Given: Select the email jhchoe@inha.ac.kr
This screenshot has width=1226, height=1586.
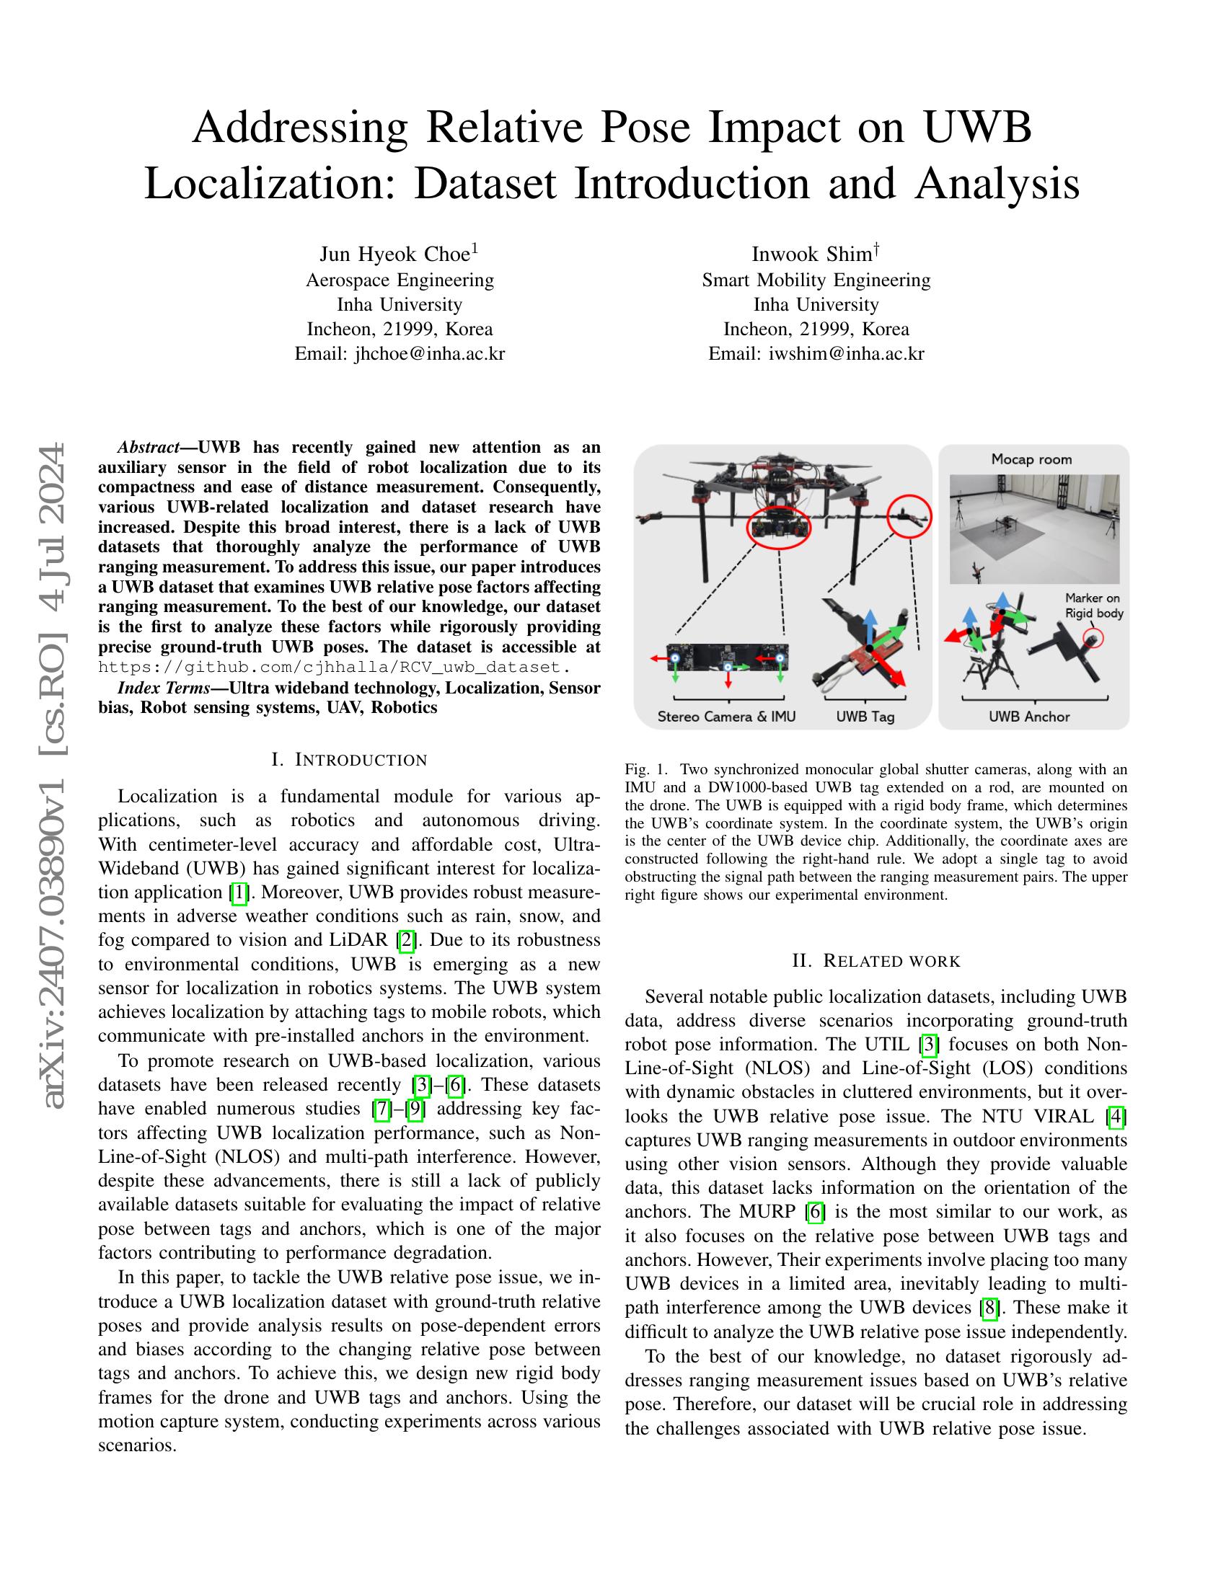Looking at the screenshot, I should coord(400,354).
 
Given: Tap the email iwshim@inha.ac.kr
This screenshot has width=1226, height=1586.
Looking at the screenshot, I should coord(816,354).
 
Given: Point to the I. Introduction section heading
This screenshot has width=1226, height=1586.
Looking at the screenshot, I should coord(348,760).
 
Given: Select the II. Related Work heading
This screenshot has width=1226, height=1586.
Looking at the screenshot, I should coord(876,961).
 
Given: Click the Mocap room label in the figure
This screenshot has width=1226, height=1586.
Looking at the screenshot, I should coord(1031,460).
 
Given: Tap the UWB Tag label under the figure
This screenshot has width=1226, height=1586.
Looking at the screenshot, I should coord(864,717).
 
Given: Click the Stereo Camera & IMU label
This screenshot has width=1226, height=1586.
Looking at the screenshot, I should coord(726,717).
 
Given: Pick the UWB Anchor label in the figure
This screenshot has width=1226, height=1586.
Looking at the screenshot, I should coord(1028,717).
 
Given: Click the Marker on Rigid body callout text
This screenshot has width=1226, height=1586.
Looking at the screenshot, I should coord(1093,606).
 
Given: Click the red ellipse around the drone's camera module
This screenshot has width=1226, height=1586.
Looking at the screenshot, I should coord(780,528).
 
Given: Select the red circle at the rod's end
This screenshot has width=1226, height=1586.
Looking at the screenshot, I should coord(909,516).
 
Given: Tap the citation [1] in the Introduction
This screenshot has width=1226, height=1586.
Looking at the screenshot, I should coord(239,892).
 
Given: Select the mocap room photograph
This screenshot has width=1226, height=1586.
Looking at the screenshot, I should coord(1034,528).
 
